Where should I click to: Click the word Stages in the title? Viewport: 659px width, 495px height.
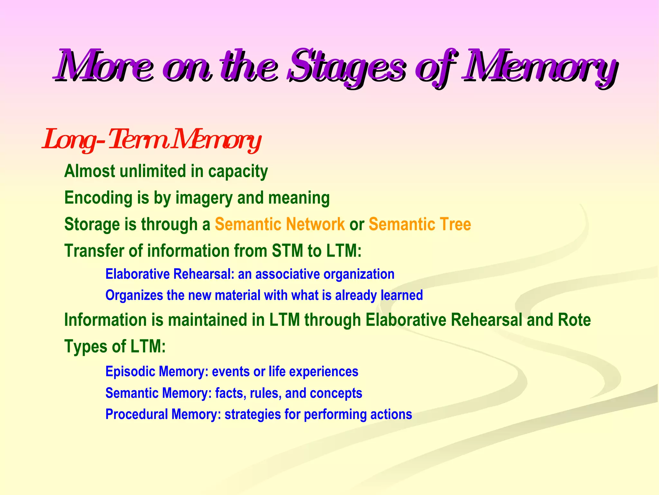pyautogui.click(x=346, y=68)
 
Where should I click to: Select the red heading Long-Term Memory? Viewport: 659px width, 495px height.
pyautogui.click(x=151, y=140)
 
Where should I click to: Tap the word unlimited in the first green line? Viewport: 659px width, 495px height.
pyautogui.click(x=153, y=171)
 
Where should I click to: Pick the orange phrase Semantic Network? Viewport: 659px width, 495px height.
pyautogui.click(x=280, y=224)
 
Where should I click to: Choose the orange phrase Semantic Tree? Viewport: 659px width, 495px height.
pyautogui.click(x=420, y=224)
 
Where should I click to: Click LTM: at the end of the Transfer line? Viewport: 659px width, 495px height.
pyautogui.click(x=344, y=251)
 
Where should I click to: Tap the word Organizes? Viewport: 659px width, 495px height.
pyautogui.click(x=134, y=296)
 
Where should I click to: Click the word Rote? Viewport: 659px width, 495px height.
pyautogui.click(x=574, y=320)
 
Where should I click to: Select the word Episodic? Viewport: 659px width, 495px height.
pyautogui.click(x=130, y=372)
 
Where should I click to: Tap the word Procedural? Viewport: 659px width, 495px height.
pyautogui.click(x=136, y=414)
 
